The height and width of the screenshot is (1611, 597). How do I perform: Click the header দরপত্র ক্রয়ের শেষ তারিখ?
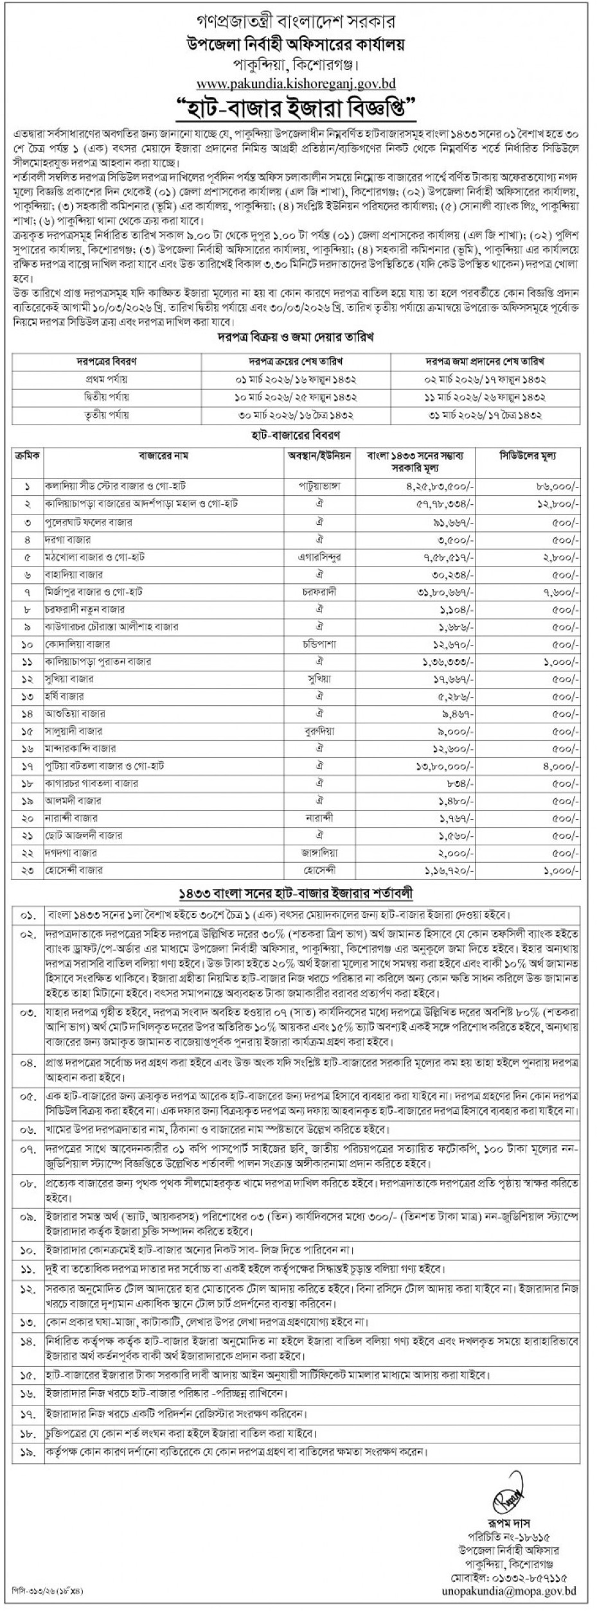[x=295, y=362]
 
